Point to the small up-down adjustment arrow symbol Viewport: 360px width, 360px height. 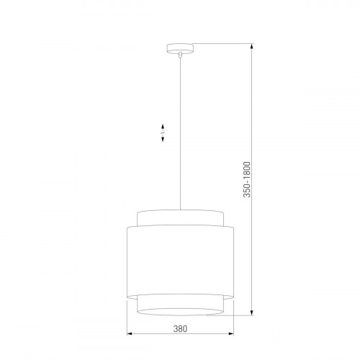tap(162, 134)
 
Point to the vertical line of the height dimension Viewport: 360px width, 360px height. tap(251, 108)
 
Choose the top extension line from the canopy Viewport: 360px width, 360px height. tap(216, 45)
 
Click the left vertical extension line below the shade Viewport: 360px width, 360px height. tap(127, 317)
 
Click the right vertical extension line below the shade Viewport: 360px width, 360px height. tap(233, 317)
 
